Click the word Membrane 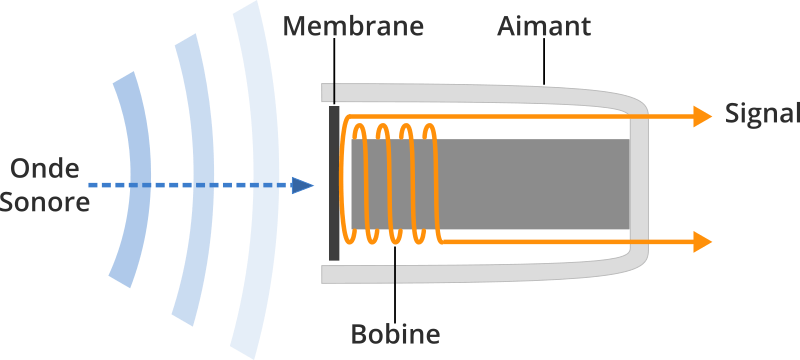[352, 25]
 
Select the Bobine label [396, 332]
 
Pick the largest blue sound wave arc [257, 180]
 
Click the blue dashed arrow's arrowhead [302, 184]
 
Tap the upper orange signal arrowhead [701, 116]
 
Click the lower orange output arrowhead [701, 241]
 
